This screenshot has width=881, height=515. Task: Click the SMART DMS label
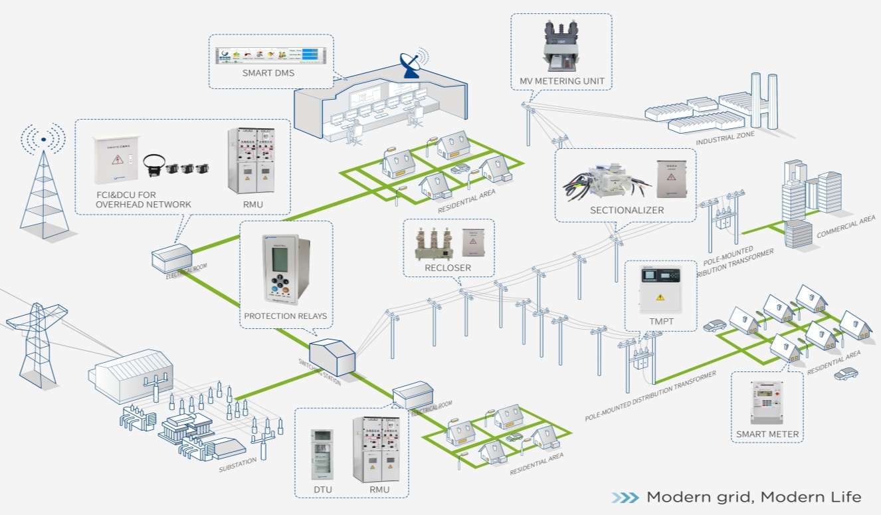coord(268,73)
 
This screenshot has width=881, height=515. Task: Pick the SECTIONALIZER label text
coord(627,210)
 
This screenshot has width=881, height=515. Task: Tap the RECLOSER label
coord(448,268)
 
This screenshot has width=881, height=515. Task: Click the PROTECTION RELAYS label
coord(286,316)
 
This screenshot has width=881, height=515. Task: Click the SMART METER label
coord(767,435)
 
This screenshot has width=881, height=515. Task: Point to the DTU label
coord(322,490)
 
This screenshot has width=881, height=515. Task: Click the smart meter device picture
coord(767,403)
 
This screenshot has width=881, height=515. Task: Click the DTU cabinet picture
coord(322,455)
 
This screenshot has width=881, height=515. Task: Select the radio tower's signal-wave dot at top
coord(43,140)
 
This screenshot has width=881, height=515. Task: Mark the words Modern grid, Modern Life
coord(753,497)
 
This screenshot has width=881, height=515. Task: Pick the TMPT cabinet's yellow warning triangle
coord(660,297)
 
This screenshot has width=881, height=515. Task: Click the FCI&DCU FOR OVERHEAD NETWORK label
coord(144,199)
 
